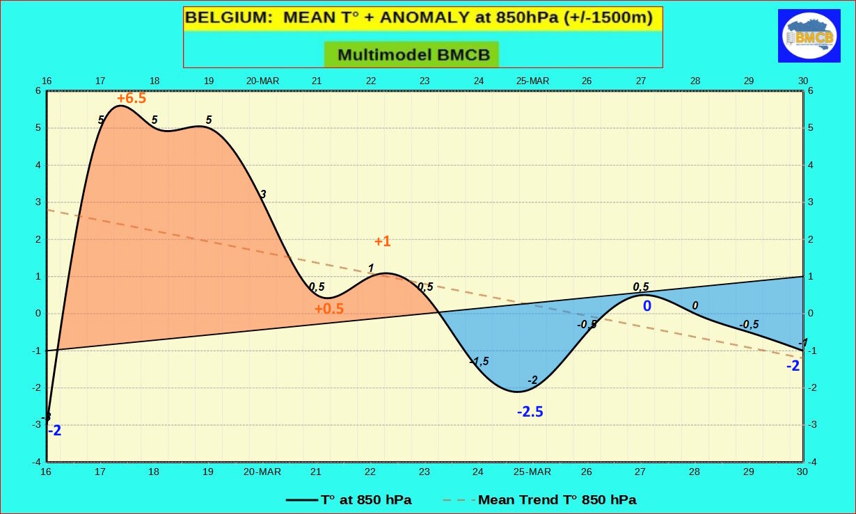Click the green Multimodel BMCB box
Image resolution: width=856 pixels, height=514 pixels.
click(412, 54)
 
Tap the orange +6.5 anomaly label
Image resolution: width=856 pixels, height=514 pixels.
click(132, 98)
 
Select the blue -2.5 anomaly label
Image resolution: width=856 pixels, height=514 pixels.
click(530, 412)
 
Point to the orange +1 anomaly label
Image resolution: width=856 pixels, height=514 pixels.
click(382, 241)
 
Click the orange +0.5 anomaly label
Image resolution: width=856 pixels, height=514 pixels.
click(328, 309)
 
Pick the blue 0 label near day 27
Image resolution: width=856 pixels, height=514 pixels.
click(647, 305)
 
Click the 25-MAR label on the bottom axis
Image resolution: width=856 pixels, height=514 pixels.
click(532, 472)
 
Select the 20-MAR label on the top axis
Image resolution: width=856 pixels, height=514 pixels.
click(262, 81)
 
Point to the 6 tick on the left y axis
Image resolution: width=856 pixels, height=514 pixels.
click(38, 91)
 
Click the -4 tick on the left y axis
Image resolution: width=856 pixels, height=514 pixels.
click(37, 462)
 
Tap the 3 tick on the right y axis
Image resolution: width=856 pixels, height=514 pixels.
click(811, 202)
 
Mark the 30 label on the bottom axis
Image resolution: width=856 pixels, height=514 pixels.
click(802, 472)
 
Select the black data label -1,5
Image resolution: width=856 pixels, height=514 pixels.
click(479, 361)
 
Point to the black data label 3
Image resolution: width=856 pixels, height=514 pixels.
click(262, 194)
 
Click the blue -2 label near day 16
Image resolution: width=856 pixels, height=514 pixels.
click(54, 431)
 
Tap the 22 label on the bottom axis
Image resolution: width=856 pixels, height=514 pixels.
click(370, 472)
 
